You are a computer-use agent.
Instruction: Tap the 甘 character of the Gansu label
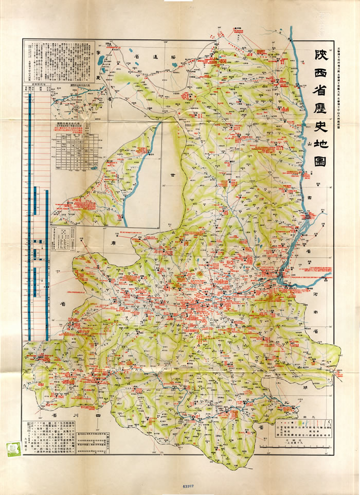(x=166, y=175)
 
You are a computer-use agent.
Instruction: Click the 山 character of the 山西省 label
(x=311, y=146)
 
